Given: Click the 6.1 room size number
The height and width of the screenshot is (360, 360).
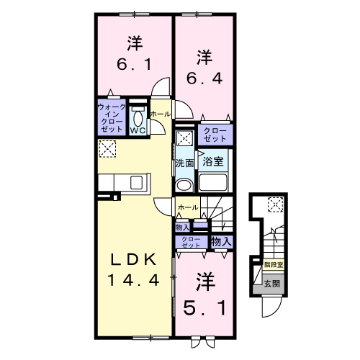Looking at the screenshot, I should pos(133,63).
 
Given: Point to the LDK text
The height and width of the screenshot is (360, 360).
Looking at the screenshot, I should pos(132,260).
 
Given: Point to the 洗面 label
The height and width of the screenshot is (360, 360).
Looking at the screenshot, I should pos(185,163).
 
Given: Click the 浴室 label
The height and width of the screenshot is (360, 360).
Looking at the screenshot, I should pos(212,163).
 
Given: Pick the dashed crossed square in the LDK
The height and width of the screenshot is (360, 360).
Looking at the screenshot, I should pos(107,149).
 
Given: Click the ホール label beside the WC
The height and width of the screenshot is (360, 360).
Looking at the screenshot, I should pos(160,114).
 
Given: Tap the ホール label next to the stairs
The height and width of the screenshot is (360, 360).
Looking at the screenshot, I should pos(187,207).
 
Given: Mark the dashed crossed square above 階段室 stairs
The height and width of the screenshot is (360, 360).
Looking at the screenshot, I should pos(276,205).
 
